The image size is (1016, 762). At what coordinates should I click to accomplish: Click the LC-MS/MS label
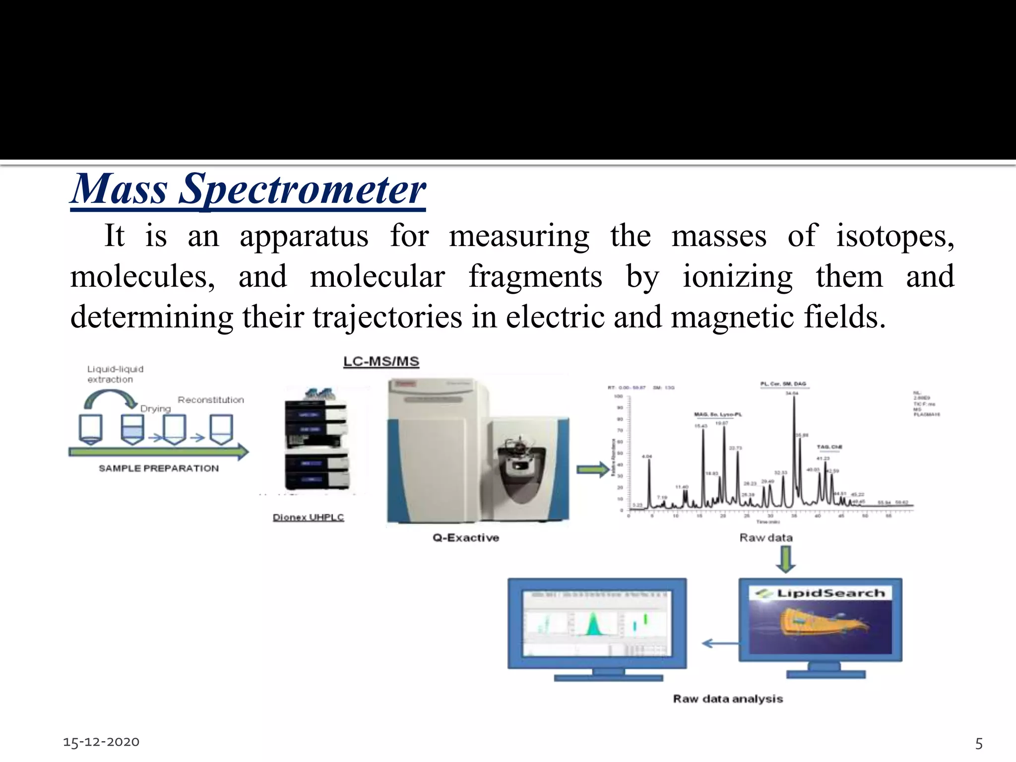point(381,362)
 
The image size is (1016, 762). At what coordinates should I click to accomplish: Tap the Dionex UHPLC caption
point(308,517)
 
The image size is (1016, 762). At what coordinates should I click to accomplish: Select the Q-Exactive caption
point(465,538)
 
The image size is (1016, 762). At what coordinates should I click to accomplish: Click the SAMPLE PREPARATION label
point(158,468)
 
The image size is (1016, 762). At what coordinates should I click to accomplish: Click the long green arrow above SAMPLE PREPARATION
point(159,451)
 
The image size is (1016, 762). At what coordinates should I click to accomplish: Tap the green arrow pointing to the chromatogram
point(592,469)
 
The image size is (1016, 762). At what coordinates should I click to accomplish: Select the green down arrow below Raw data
point(785,559)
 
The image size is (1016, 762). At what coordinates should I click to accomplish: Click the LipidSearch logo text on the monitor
point(829,593)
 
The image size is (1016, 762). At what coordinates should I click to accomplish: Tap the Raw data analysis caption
point(728,699)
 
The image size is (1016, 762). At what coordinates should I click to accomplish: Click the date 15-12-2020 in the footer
point(101,742)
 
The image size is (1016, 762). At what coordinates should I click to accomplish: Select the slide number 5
point(979,743)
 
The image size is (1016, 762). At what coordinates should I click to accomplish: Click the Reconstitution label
point(211,400)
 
